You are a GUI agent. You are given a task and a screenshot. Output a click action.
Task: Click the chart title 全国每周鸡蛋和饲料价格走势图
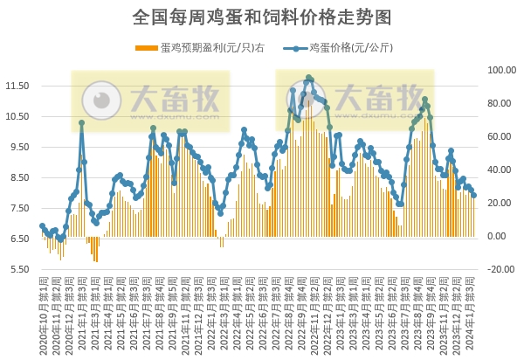[x=262, y=17]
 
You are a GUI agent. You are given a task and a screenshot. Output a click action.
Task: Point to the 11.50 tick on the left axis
[x=17, y=86]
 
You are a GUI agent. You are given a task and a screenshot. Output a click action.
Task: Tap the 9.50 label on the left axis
[x=17, y=147]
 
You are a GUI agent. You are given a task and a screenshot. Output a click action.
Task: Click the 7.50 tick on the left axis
[x=17, y=208]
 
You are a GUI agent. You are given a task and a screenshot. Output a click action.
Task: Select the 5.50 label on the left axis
[x=17, y=269]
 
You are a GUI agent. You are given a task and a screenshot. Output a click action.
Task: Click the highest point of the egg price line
[x=309, y=78]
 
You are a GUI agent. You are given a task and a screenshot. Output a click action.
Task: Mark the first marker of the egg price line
[x=42, y=226]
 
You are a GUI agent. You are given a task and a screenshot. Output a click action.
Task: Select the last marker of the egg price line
[x=474, y=196]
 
